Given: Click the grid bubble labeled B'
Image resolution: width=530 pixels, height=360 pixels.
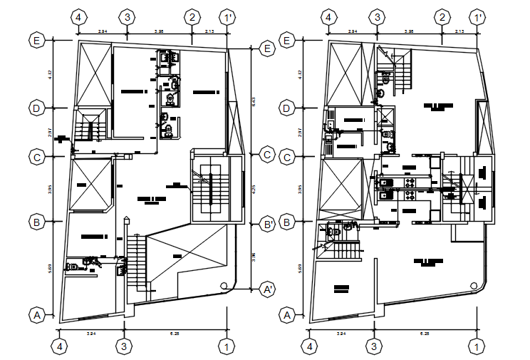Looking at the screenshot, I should (x=268, y=224).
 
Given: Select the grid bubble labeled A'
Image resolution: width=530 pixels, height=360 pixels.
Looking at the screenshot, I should (x=268, y=289).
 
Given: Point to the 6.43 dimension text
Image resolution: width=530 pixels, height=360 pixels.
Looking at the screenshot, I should (x=255, y=102).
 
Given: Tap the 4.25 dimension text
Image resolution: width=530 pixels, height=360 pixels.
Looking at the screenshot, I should (x=255, y=190).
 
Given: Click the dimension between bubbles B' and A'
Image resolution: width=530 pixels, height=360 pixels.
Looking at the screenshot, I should (x=255, y=257).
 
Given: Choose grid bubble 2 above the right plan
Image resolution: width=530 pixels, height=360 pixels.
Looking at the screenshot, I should (x=442, y=17).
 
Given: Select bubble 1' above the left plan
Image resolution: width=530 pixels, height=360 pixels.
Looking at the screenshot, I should (x=227, y=17).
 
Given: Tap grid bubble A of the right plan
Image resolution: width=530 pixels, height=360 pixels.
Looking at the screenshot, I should (x=288, y=314).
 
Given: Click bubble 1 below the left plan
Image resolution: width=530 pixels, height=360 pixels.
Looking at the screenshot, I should (x=227, y=346).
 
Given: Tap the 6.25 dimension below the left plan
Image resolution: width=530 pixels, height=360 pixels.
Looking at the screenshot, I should (x=174, y=334).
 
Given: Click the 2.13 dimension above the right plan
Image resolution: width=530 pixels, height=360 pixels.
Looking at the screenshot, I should (x=459, y=32).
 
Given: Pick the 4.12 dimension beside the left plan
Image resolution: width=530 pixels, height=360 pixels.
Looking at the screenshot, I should (x=51, y=73).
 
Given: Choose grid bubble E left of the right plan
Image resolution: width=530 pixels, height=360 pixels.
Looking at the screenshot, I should (x=288, y=41).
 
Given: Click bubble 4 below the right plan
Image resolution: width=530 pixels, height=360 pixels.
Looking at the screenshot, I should (x=310, y=346).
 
